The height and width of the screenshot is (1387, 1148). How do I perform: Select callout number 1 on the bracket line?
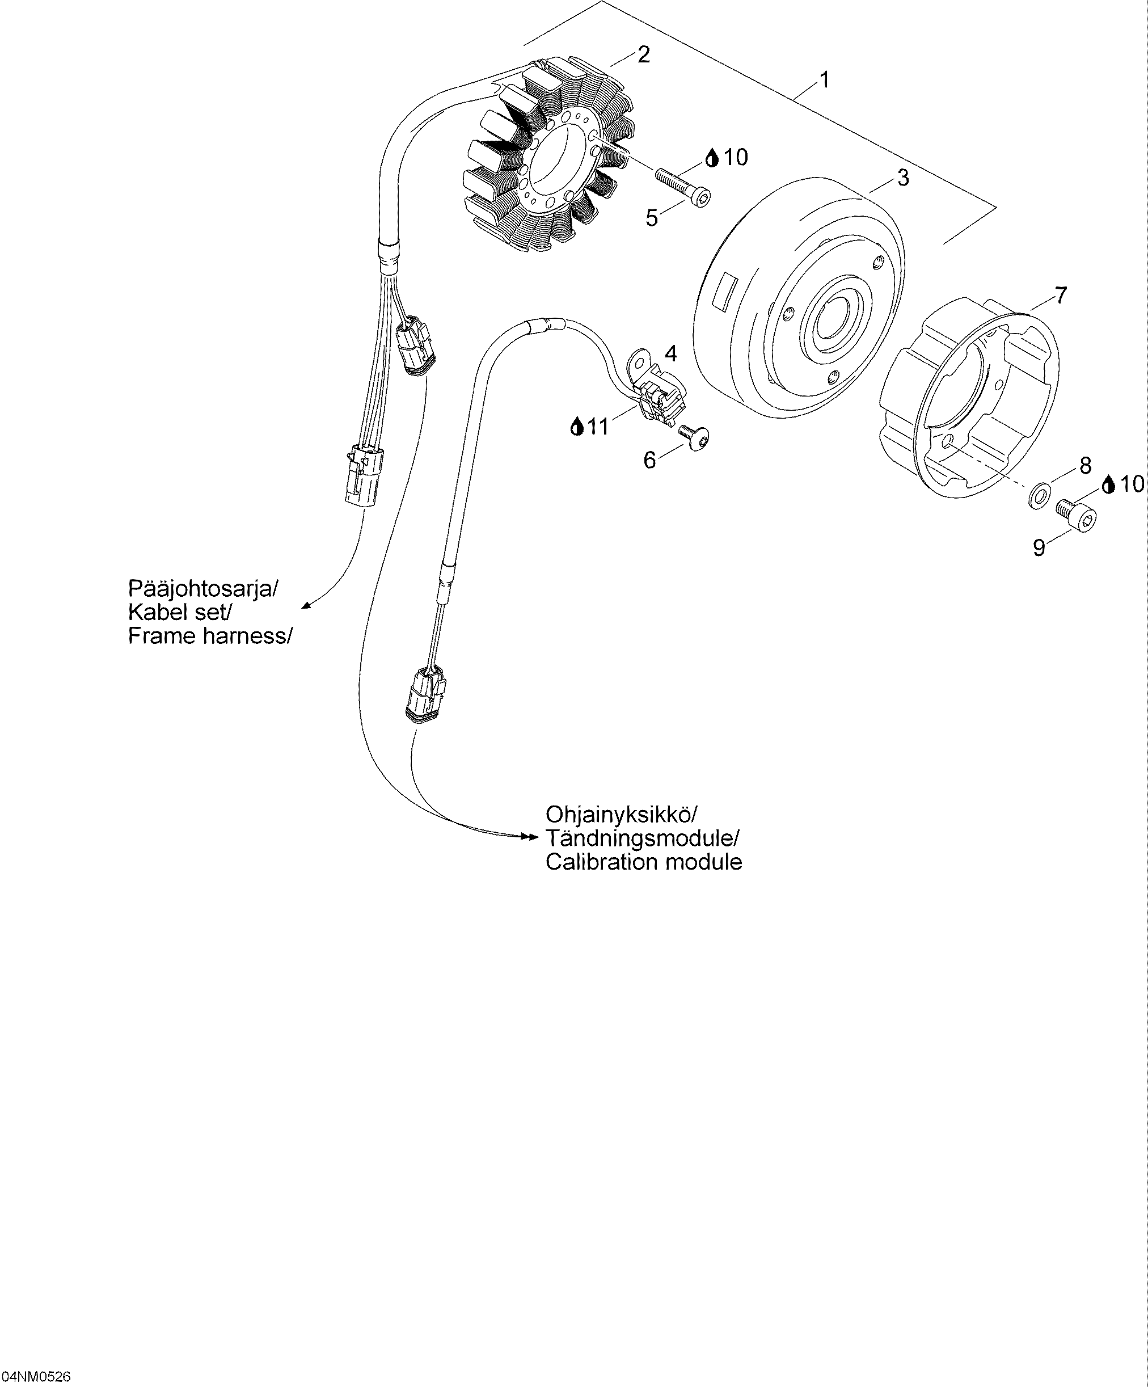(x=824, y=80)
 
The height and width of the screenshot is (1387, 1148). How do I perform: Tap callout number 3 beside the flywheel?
(x=902, y=177)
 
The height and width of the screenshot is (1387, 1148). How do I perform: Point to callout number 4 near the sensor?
(x=670, y=353)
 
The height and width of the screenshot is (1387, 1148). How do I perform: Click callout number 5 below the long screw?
(x=652, y=217)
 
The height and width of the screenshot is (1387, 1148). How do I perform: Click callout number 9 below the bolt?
(x=1039, y=547)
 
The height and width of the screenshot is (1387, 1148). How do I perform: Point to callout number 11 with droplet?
(x=590, y=427)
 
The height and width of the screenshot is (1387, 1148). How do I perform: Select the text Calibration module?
(x=643, y=861)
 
